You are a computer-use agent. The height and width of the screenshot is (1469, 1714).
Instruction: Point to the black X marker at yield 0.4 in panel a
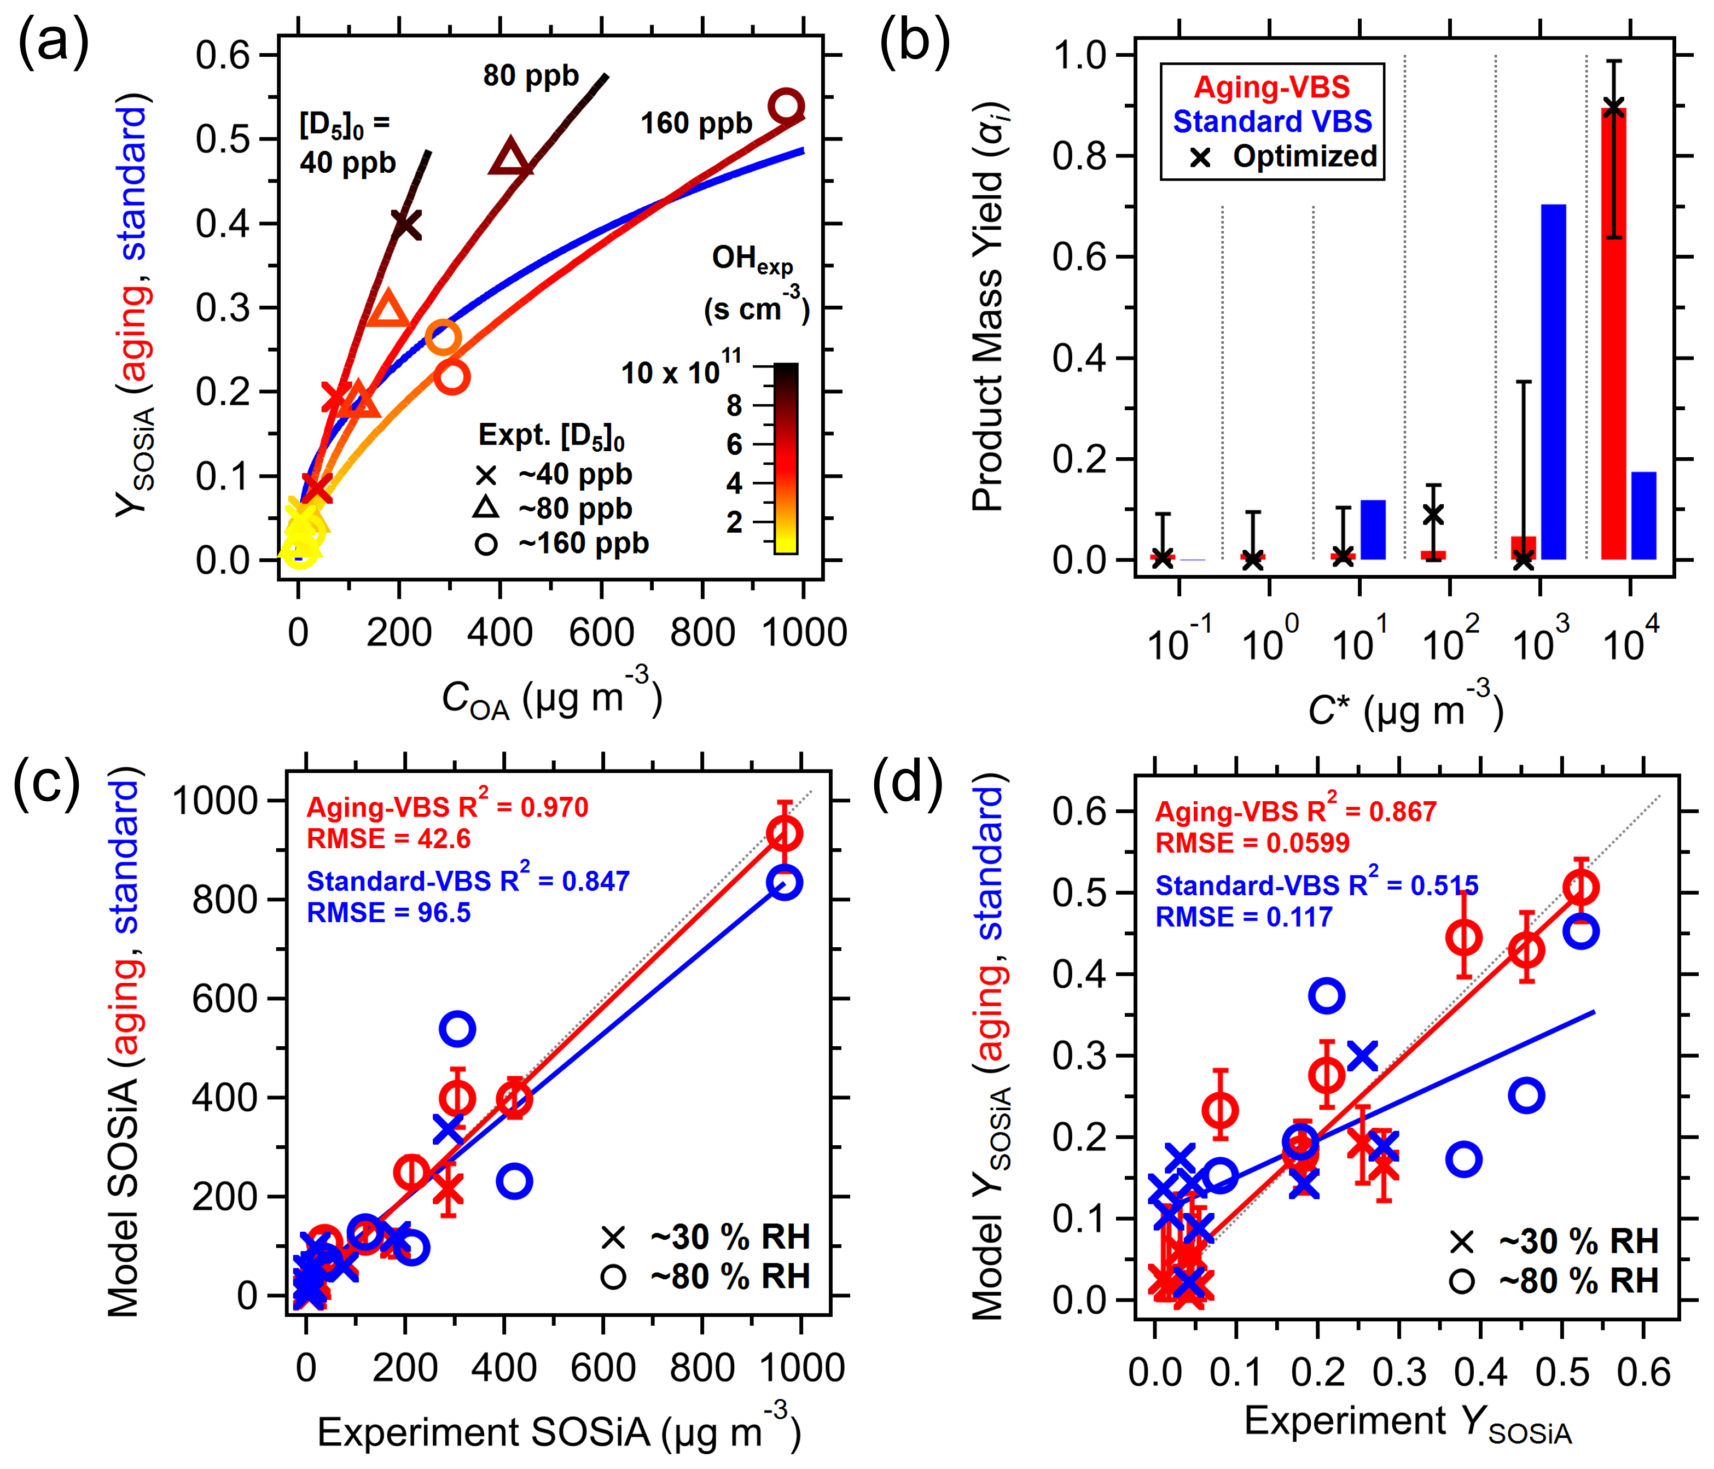405,224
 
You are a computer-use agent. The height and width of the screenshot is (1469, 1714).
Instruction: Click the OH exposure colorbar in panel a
786,458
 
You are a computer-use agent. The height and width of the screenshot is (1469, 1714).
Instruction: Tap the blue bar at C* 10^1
1373,529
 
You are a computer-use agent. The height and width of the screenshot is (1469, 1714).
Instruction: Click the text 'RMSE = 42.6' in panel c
388,839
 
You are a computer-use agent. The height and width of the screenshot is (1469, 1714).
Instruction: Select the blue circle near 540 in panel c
457,1029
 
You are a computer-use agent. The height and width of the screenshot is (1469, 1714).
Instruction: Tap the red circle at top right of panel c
784,833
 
